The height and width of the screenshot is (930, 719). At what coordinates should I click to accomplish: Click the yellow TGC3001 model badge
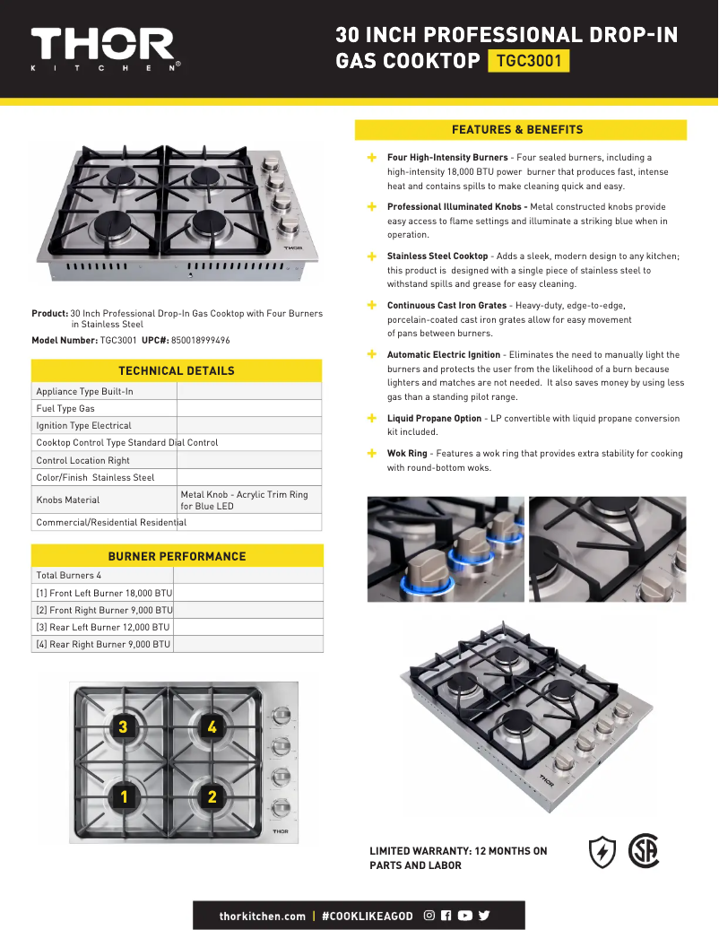528,61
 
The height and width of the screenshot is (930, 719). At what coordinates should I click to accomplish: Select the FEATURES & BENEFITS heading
520,129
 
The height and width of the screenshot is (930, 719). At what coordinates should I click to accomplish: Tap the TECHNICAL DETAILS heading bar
176,370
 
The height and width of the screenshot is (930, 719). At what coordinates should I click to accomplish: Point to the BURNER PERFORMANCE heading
176,556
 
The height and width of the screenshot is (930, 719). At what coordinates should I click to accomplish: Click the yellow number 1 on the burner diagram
125,796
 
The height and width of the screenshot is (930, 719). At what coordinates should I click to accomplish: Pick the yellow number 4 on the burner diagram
212,727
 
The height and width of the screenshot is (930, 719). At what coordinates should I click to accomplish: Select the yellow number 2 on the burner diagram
212,796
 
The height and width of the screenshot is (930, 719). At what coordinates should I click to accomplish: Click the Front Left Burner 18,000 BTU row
104,593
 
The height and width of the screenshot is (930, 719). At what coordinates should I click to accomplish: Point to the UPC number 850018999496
195,341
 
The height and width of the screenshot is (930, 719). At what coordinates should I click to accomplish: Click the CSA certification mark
643,851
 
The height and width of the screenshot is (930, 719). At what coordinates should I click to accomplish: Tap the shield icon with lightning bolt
602,852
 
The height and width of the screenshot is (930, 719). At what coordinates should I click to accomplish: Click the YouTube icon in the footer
464,916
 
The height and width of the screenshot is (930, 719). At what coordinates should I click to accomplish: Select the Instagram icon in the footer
429,916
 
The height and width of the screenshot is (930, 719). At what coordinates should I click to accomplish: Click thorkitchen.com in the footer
263,916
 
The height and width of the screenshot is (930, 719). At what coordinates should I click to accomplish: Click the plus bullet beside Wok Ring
372,453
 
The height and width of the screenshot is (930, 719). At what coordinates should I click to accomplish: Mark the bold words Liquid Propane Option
434,419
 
